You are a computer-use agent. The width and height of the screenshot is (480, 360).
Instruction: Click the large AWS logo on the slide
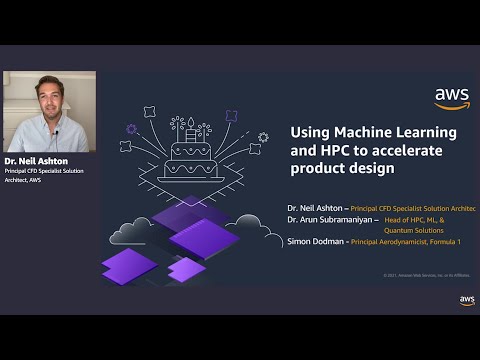click(x=452, y=98)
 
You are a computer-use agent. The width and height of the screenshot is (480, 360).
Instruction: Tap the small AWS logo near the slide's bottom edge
click(x=467, y=300)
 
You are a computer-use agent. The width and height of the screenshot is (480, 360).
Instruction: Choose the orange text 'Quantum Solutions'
click(x=418, y=230)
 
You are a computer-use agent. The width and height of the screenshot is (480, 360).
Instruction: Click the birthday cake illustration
click(x=190, y=155)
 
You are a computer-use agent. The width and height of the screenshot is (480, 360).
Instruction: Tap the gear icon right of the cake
click(x=263, y=137)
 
